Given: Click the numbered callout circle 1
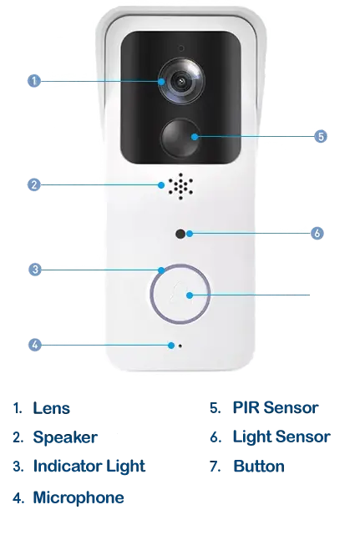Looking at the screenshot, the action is pos(33,81).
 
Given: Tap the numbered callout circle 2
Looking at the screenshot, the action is pos(33,185).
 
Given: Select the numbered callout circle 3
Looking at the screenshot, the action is pos(35,270).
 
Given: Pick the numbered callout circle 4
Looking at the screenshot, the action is pos(35,345).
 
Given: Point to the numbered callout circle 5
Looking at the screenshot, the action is pos(321,137).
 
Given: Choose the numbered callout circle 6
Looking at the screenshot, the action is pos(317,234).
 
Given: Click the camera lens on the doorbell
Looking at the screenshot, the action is pos(181,81).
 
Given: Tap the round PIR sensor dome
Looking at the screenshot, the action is pos(180,138).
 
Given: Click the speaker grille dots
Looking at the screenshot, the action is pos(180,186).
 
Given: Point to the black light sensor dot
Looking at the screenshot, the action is pos(180,234).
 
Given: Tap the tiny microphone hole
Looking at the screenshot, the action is pos(180,346).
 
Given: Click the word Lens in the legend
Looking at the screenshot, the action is pos(51,408).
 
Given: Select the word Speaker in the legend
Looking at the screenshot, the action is pos(65,437).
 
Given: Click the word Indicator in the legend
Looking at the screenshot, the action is pos(67,466).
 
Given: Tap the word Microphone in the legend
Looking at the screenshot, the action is pos(79,497).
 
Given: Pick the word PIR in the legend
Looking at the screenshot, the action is pos(246,407).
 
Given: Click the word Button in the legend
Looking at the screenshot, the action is pos(259,466).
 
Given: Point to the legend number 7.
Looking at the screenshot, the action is pos(214,467).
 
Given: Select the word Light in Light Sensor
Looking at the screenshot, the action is pos(252,437).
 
